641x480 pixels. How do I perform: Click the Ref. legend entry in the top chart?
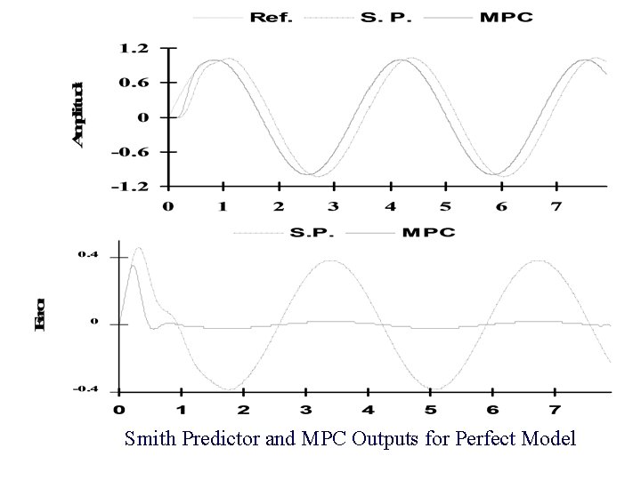(x=272, y=18)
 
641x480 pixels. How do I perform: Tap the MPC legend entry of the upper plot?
(x=507, y=18)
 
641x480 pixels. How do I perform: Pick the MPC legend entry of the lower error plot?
(x=428, y=233)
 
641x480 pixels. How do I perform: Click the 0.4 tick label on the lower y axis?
(x=88, y=256)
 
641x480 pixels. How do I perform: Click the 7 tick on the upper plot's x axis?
(x=556, y=207)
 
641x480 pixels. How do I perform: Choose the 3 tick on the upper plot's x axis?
(x=335, y=207)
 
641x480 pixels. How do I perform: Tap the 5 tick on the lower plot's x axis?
(x=431, y=411)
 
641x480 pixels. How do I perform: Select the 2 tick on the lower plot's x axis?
(x=244, y=411)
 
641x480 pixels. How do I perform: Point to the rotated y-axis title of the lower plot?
(x=41, y=323)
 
